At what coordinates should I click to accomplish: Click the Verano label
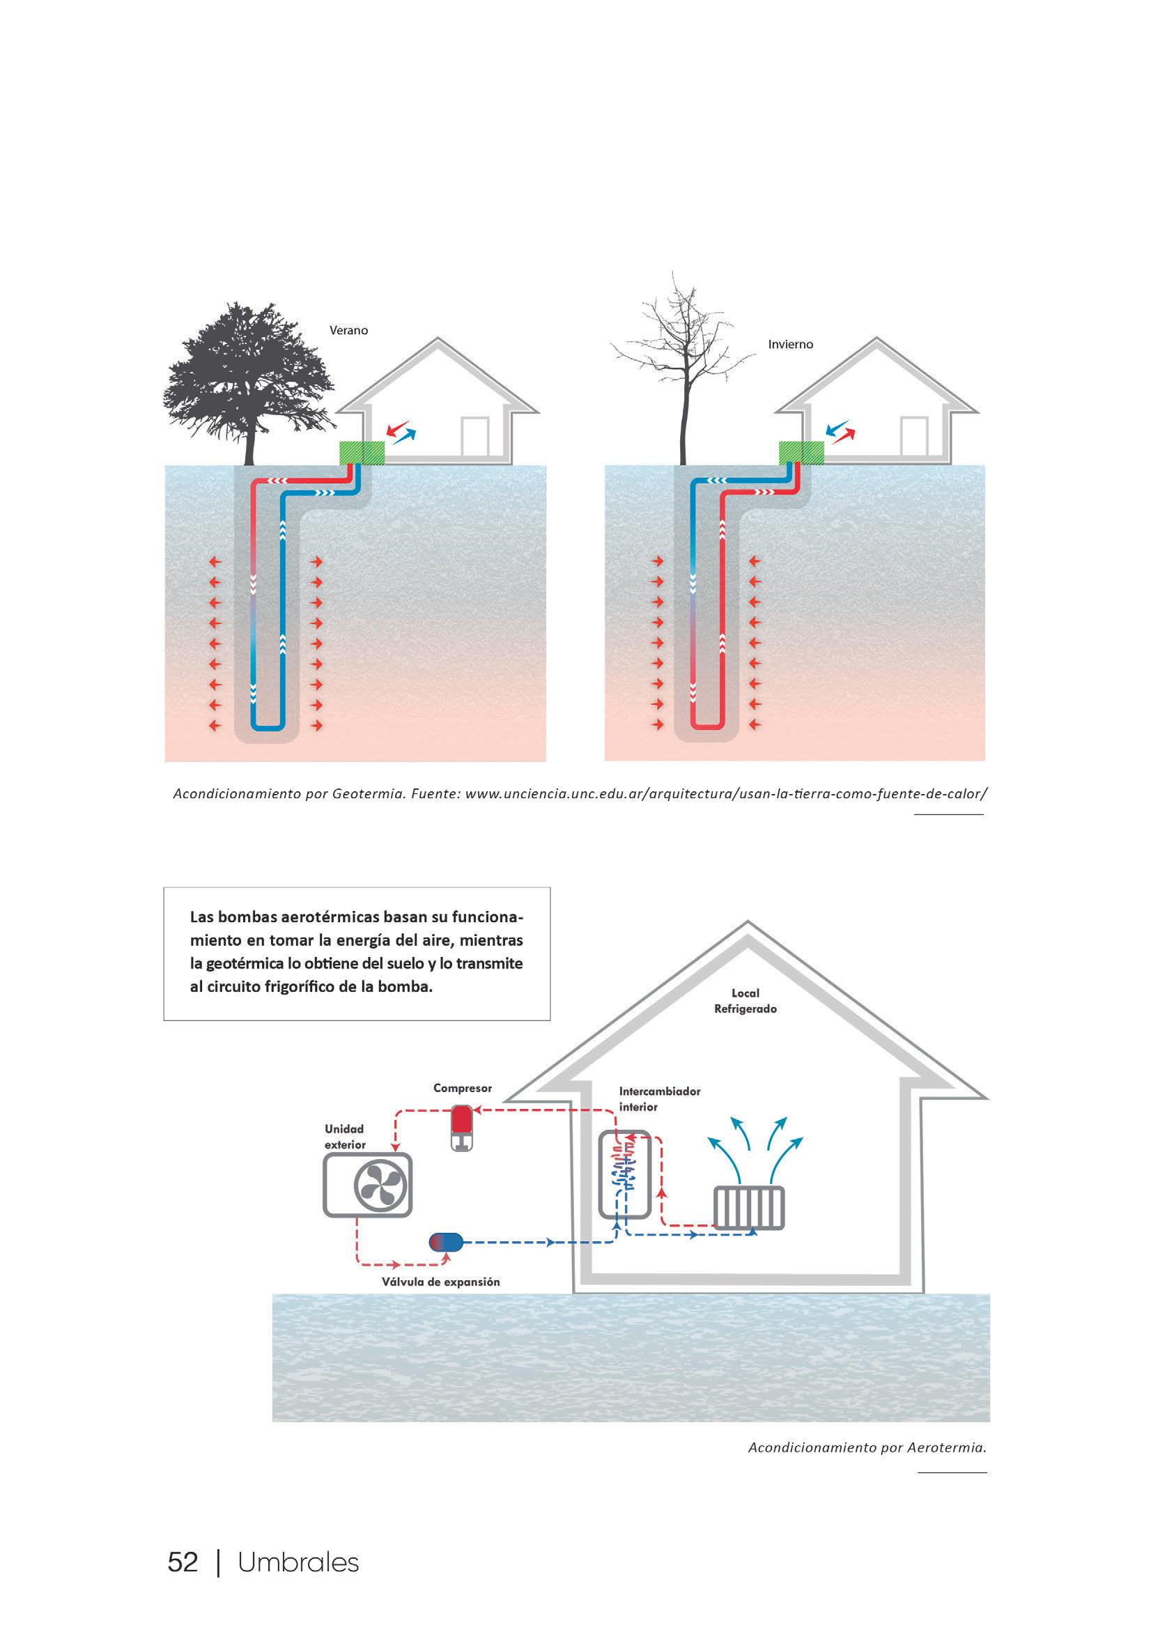(x=348, y=330)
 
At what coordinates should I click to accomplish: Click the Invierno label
(x=790, y=345)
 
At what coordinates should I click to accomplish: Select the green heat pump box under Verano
(x=361, y=453)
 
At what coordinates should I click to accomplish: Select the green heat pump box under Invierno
(x=801, y=453)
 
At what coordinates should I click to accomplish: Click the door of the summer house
(x=474, y=435)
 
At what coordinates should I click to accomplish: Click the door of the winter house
(x=913, y=435)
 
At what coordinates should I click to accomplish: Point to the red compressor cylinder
(x=462, y=1121)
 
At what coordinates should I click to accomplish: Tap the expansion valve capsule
(x=446, y=1243)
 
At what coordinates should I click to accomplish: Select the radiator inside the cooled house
(x=749, y=1208)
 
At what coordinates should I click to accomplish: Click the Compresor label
(x=463, y=1088)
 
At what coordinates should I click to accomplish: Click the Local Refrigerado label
(x=746, y=1001)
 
